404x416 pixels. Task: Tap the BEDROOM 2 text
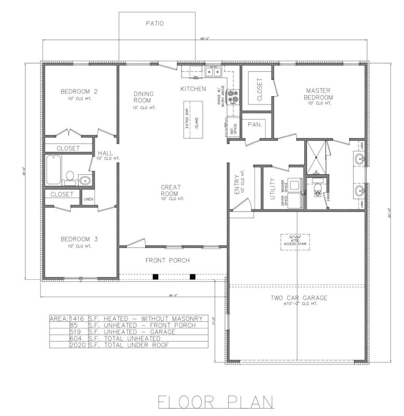point(80,92)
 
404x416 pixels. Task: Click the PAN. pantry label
point(255,125)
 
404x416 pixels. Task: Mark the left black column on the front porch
point(155,277)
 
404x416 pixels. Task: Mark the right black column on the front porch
point(193,277)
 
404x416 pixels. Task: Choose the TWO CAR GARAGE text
point(299,298)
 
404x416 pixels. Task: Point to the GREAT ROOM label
point(170,191)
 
